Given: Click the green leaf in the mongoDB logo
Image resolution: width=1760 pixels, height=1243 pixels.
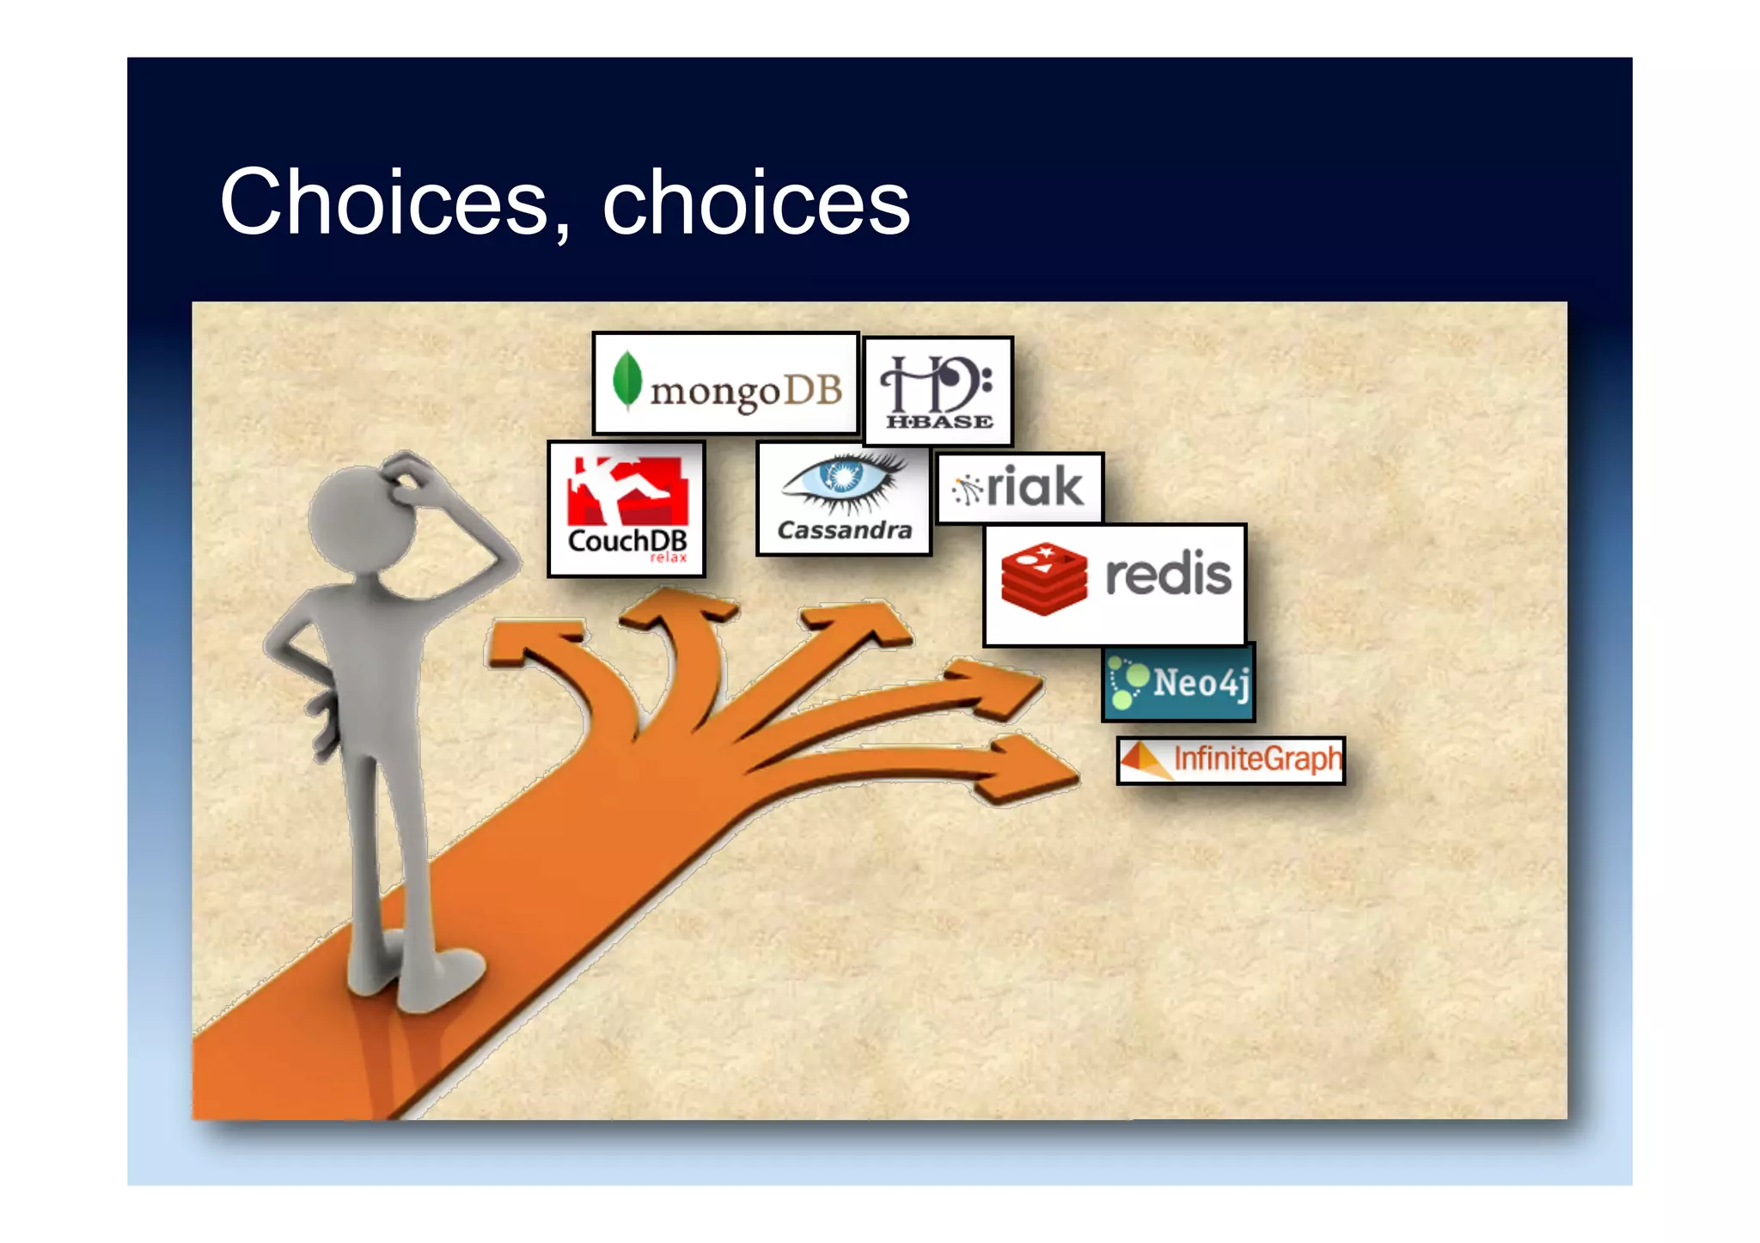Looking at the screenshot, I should [x=627, y=381].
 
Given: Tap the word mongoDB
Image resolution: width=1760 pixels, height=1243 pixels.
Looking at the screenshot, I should [x=746, y=392].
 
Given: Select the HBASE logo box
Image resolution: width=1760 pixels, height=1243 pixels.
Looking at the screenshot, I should [x=938, y=392].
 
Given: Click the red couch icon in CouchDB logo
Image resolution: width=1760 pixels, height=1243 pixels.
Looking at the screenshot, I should [x=627, y=492].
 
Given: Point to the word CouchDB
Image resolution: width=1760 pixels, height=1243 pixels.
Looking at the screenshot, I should [x=626, y=541].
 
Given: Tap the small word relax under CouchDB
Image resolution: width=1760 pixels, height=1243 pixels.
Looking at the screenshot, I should [x=668, y=558].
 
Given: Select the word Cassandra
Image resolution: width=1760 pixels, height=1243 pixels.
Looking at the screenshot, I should [x=844, y=531].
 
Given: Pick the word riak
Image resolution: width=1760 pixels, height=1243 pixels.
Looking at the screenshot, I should [x=1035, y=487].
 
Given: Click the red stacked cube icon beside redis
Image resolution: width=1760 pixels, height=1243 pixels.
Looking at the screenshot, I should [x=1043, y=578].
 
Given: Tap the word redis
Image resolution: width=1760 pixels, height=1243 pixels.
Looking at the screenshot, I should [x=1168, y=575].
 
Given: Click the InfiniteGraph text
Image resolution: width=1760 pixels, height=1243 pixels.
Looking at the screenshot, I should [x=1256, y=759].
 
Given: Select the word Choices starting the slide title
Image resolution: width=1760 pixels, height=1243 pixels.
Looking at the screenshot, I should [x=382, y=203].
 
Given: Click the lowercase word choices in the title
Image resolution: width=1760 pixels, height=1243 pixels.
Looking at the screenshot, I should [x=755, y=203].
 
